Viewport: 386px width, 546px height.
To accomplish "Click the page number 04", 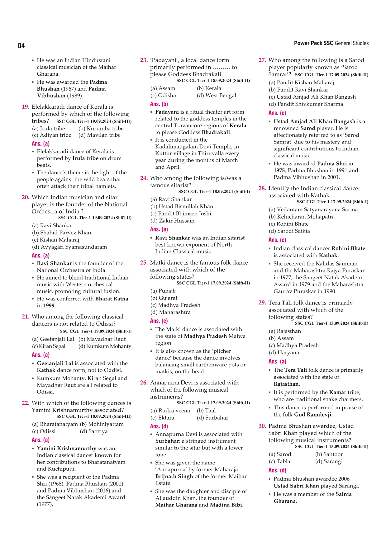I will (21, 46).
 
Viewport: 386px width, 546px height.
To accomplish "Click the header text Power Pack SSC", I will (313, 43).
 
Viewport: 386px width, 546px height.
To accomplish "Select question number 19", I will (26, 107).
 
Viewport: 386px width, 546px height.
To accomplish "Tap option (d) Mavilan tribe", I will (99, 135).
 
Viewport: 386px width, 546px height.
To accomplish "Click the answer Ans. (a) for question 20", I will (41, 256).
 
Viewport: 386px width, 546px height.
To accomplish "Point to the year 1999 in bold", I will (49, 306).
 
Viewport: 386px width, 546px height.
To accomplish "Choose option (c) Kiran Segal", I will (49, 346).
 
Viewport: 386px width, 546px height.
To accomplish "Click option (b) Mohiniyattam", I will (102, 424).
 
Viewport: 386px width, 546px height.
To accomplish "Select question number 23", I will (144, 60).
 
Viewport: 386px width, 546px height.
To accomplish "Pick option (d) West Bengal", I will (217, 96).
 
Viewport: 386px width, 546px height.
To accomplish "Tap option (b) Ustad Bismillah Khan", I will (182, 206).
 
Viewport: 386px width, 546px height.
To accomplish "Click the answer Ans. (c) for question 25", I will (159, 321).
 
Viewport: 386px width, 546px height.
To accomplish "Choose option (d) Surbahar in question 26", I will (212, 418).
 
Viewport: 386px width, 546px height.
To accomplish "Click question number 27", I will (262, 60).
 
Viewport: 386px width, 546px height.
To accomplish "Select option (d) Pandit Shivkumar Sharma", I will (306, 104).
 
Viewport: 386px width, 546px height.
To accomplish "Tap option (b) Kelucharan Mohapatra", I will (302, 217).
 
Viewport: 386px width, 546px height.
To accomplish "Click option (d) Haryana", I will (284, 353).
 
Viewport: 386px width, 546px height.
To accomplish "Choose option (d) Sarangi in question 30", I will (329, 461).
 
